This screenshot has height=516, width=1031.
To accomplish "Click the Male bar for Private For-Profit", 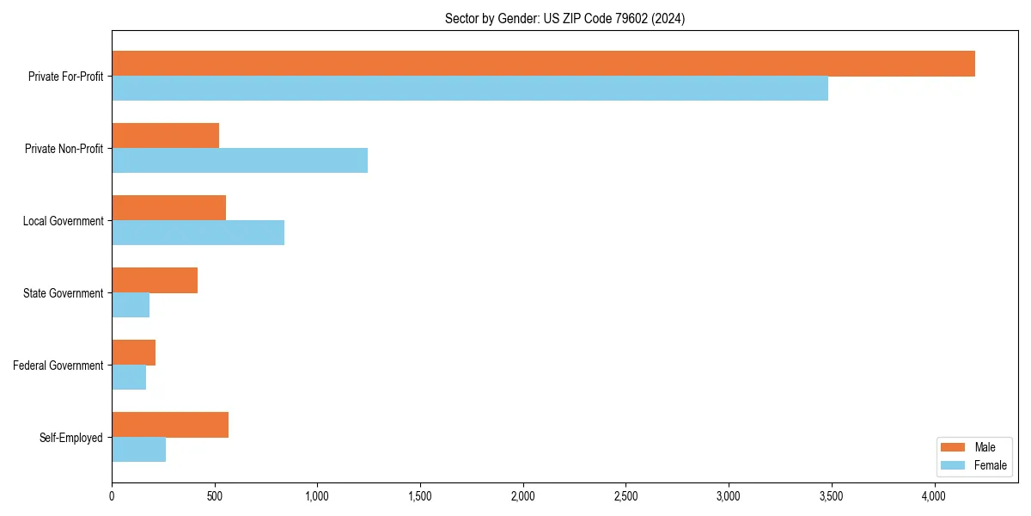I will (543, 64).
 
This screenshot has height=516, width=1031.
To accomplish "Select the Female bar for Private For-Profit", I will (470, 89).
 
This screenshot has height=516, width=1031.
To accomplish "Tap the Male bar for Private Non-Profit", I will (165, 136).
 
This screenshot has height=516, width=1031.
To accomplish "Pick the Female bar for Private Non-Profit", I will (240, 161).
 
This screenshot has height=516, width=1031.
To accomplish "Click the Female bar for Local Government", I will (198, 233).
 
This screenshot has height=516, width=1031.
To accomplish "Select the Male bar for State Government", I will (155, 280).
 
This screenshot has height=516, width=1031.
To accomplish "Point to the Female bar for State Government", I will (131, 305).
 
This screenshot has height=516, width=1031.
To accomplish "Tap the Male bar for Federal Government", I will (133, 353).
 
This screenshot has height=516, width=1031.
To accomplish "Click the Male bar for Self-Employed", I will (170, 425).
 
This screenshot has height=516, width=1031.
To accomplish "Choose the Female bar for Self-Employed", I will (138, 450).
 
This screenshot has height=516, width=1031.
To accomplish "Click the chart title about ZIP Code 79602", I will (564, 18).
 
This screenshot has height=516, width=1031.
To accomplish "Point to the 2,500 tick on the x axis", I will (625, 495).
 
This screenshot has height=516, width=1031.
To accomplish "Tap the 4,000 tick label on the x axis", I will (934, 495).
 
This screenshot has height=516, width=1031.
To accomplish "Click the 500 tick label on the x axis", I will (215, 495).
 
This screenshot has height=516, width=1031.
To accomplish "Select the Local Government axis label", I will (63, 221).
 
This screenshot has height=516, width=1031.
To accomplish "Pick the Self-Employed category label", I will (71, 438).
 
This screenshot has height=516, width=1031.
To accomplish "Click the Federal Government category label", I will (58, 365).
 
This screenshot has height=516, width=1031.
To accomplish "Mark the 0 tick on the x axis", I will (112, 495).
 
